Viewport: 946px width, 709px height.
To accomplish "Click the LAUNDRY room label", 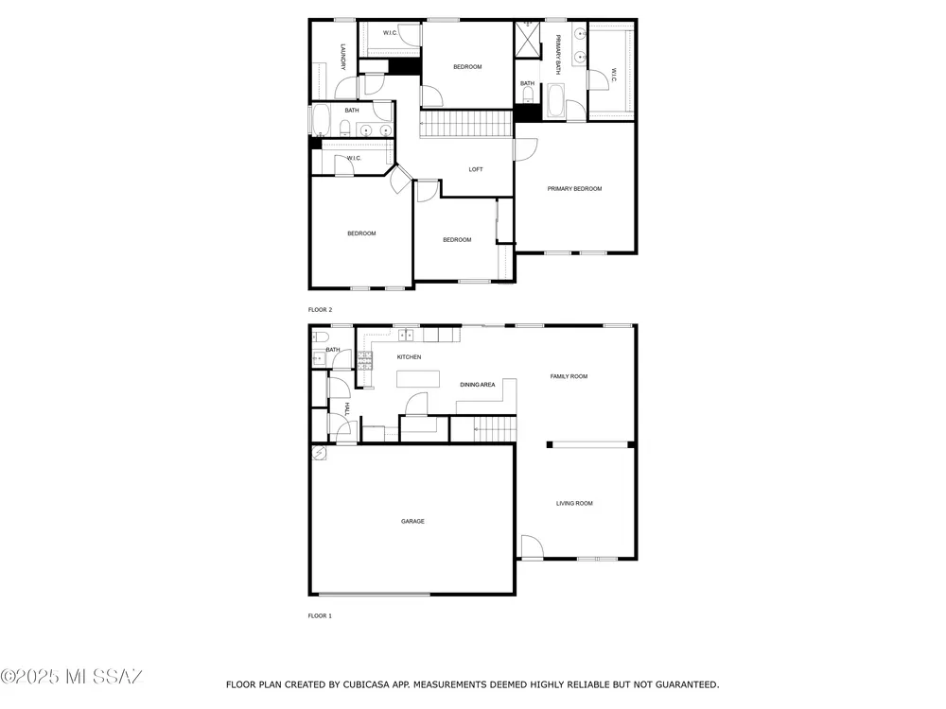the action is (342, 57).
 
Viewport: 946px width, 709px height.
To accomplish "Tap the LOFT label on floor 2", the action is (476, 169).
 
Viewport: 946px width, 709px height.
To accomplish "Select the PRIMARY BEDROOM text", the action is (574, 189).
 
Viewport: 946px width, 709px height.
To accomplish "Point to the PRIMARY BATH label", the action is (558, 54).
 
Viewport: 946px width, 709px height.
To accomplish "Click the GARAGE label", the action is (412, 521).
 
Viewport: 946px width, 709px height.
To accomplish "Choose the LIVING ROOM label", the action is (574, 504).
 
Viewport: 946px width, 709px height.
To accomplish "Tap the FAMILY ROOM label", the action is (569, 376).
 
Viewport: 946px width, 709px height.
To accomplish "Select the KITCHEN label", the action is (409, 357).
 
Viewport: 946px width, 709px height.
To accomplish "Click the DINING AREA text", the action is (478, 385).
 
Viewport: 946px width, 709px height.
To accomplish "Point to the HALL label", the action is (347, 408).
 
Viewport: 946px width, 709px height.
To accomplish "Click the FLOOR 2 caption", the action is (321, 310).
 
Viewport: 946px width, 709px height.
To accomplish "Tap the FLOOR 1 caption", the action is (321, 615).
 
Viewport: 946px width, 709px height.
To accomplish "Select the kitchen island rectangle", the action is (417, 379).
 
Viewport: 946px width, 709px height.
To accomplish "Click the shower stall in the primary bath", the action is (527, 39).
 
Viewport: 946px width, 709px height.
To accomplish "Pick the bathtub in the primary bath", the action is (555, 101).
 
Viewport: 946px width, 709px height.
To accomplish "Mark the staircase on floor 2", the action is (465, 124).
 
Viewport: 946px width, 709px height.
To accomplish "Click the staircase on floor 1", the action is (495, 429).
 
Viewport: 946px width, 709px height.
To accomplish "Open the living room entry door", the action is (532, 547).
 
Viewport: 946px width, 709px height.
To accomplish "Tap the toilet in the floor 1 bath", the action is (320, 337).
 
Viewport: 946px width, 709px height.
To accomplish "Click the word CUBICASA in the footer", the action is (368, 684).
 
